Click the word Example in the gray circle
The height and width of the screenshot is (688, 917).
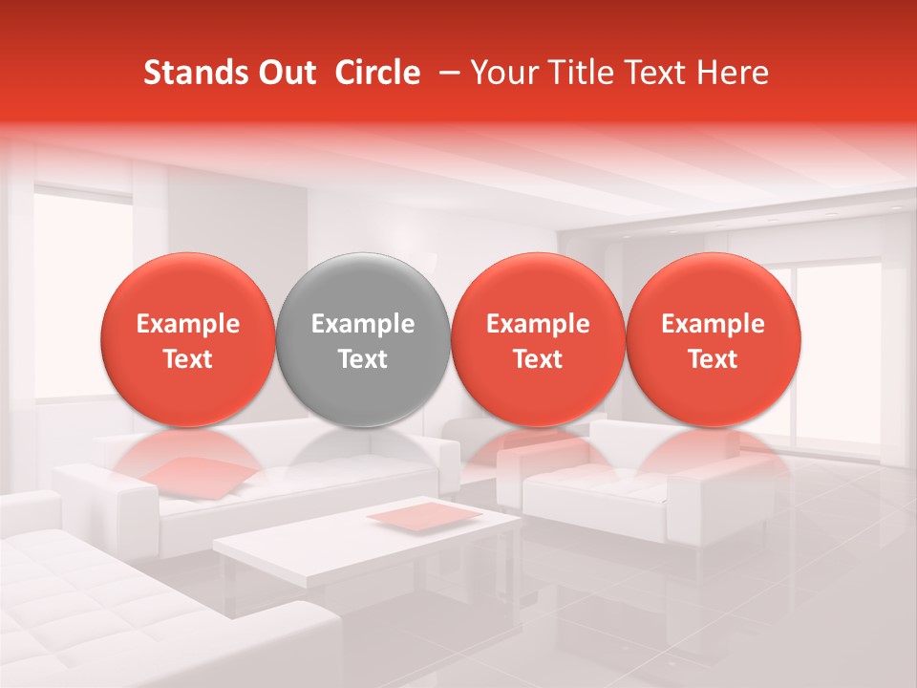click(363, 324)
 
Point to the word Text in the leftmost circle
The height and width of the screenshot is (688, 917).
click(188, 359)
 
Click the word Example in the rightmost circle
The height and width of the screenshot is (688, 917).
click(713, 324)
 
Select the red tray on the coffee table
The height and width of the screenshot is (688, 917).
click(425, 515)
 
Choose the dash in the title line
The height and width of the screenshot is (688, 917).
click(445, 73)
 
